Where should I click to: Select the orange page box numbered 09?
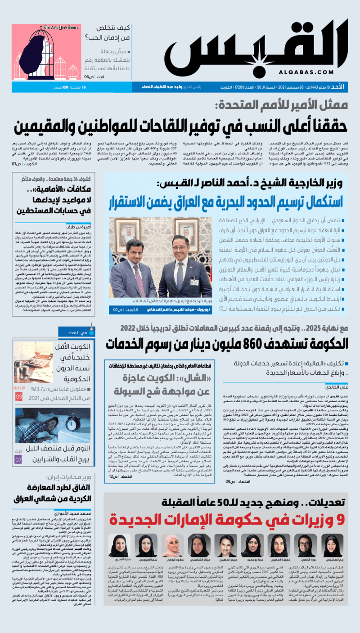[x=18, y=396]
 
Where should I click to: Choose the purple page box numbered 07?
[x=18, y=460]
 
